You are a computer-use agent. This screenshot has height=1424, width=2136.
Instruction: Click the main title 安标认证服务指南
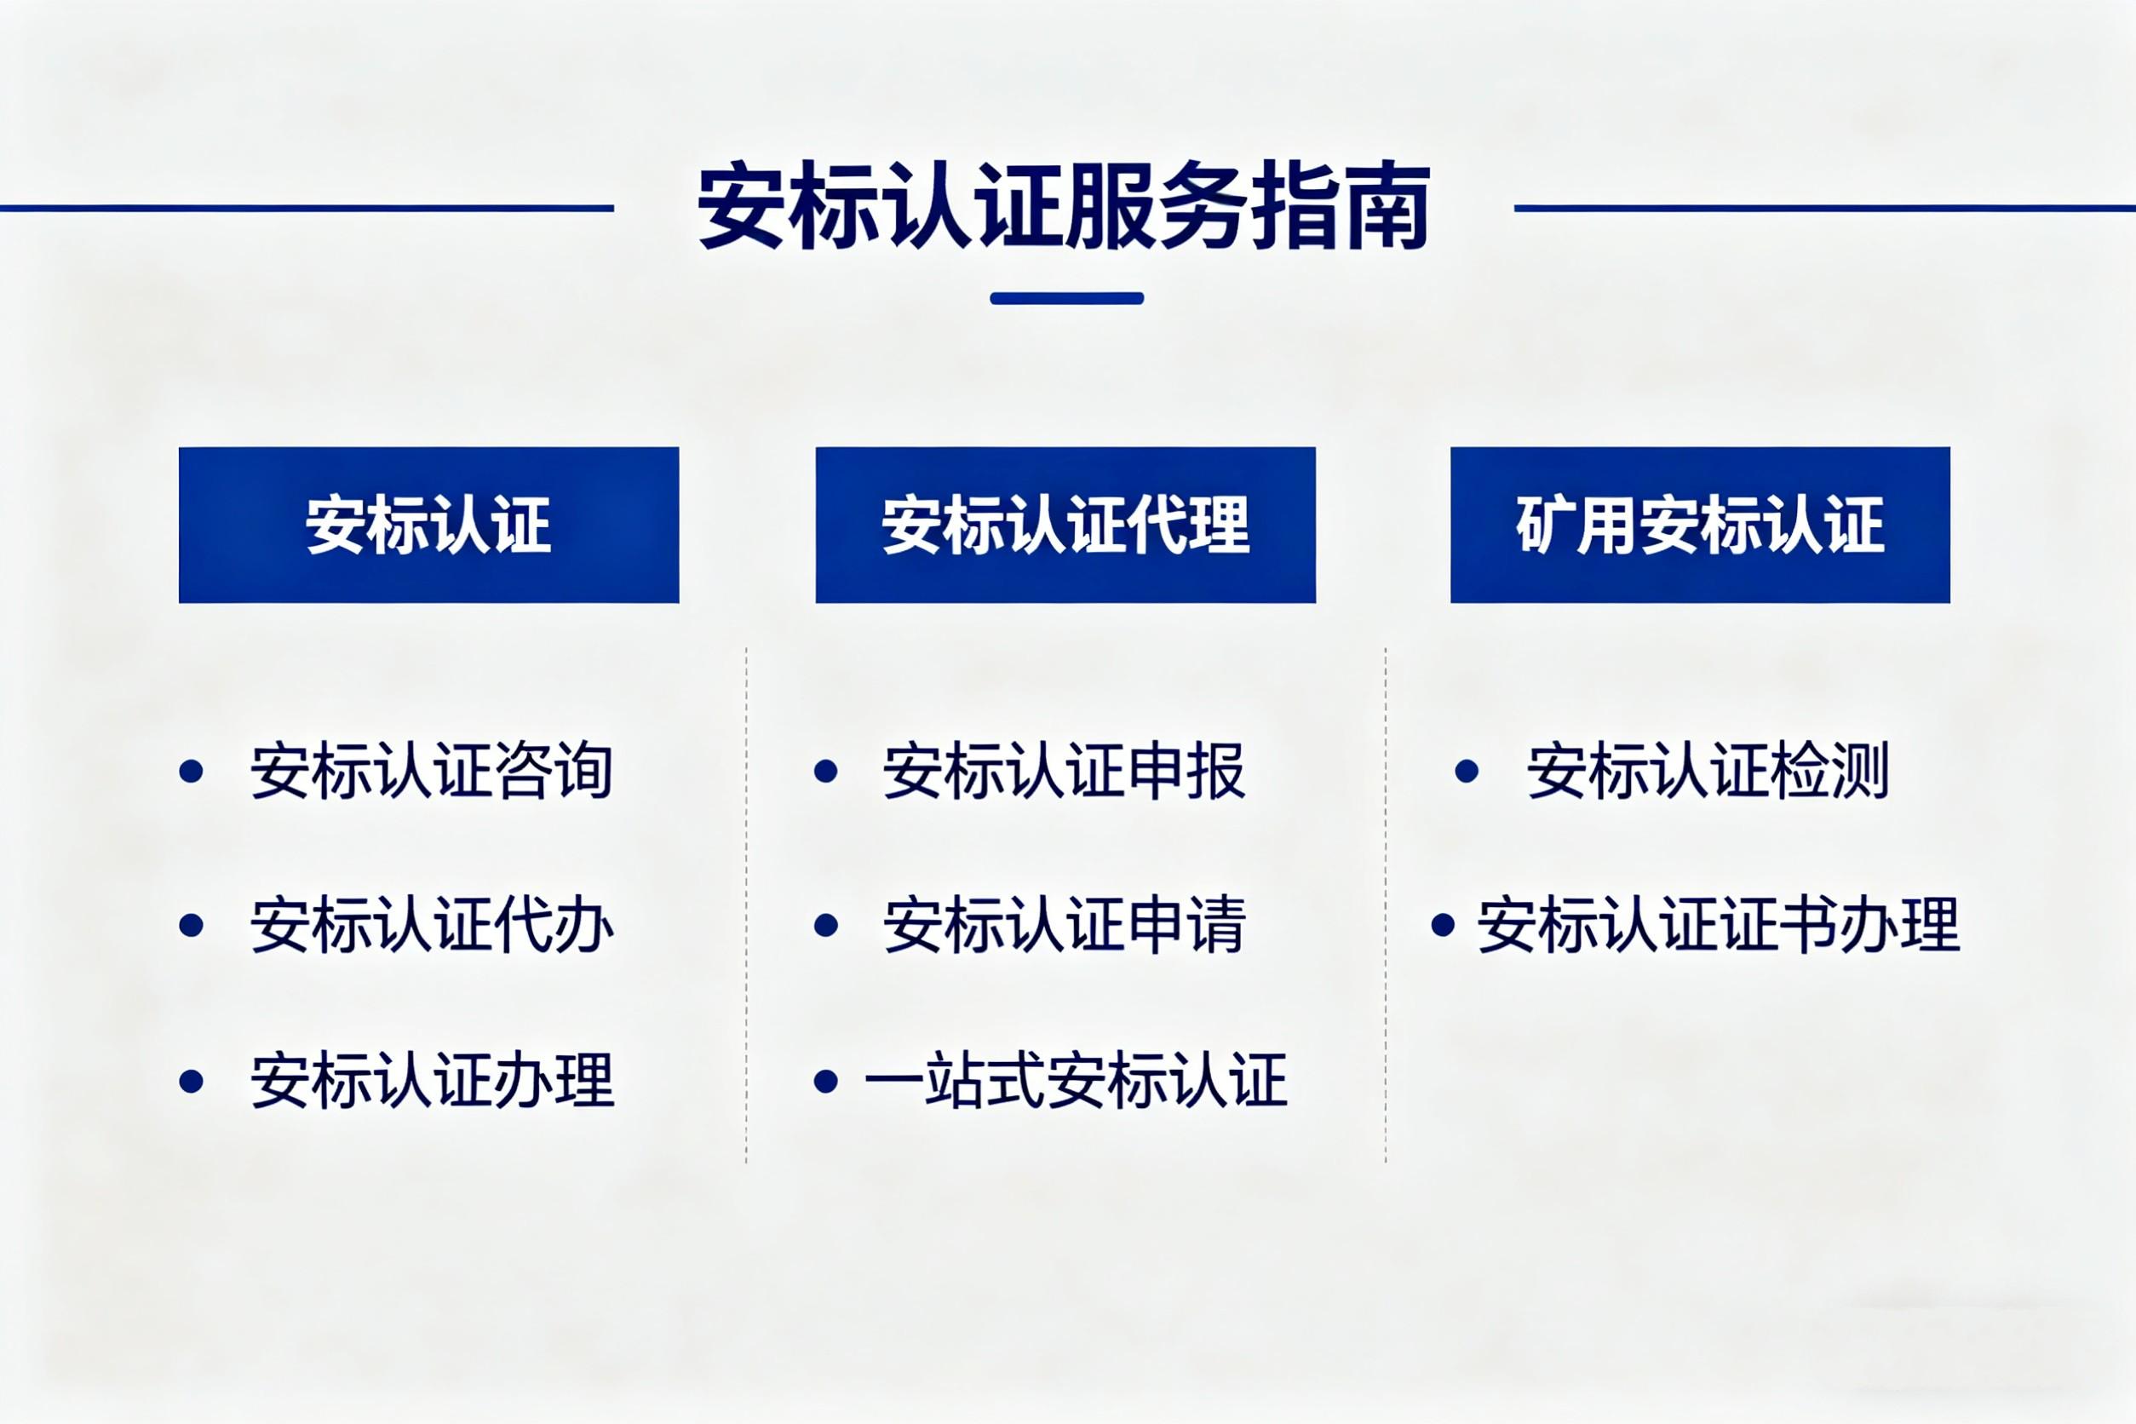pyautogui.click(x=1064, y=206)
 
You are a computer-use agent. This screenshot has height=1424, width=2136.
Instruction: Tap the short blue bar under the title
pyautogui.click(x=1066, y=298)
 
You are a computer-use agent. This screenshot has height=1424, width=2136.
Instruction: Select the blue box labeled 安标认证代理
pyautogui.click(x=1065, y=524)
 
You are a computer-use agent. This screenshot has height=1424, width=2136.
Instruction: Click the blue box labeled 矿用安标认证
pyautogui.click(x=1700, y=524)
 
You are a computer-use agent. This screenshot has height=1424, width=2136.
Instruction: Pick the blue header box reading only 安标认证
pyautogui.click(x=428, y=524)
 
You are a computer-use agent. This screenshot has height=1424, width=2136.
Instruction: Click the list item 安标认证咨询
pyautogui.click(x=433, y=771)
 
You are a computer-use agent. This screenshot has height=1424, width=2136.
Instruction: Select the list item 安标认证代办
pyautogui.click(x=433, y=926)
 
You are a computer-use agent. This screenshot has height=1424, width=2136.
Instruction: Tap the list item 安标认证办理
pyautogui.click(x=433, y=1081)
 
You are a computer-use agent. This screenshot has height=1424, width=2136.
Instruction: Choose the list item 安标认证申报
pyautogui.click(x=1065, y=771)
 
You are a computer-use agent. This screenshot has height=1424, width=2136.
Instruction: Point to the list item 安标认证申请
pyautogui.click(x=1065, y=926)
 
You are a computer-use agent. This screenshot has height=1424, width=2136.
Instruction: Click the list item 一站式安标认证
pyautogui.click(x=1077, y=1081)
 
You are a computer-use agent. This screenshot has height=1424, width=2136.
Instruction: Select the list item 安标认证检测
pyautogui.click(x=1708, y=771)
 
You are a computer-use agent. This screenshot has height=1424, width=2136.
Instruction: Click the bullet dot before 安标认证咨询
pyautogui.click(x=191, y=771)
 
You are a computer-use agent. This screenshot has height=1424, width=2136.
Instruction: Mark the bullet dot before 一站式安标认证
pyautogui.click(x=825, y=1081)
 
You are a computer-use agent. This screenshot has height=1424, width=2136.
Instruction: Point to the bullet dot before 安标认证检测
pyautogui.click(x=1467, y=771)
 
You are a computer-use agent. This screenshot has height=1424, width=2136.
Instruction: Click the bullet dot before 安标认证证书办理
pyautogui.click(x=1443, y=926)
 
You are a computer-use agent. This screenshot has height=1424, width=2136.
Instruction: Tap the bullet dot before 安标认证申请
pyautogui.click(x=825, y=926)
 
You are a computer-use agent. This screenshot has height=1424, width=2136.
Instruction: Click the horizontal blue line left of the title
pyautogui.click(x=307, y=208)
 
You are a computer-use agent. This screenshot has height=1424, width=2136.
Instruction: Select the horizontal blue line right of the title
pyautogui.click(x=1824, y=208)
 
